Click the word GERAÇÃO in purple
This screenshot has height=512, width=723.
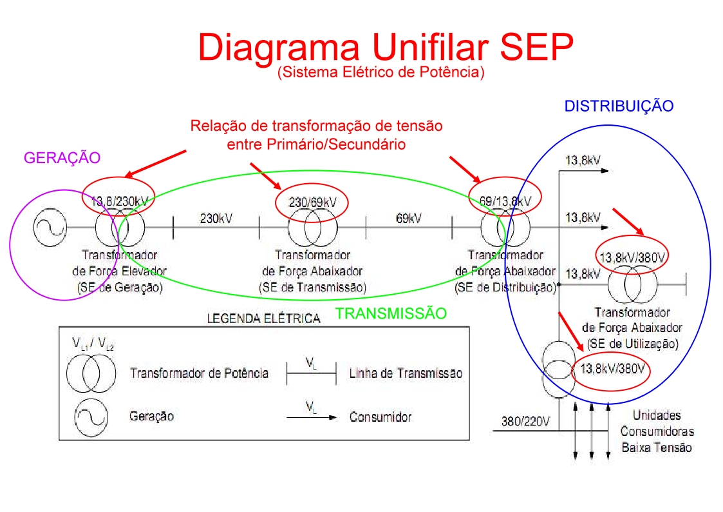click(x=62, y=157)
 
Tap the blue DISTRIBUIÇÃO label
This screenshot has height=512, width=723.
click(x=619, y=106)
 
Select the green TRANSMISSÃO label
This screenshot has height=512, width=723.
click(x=391, y=313)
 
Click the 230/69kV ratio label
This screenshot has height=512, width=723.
click(x=312, y=202)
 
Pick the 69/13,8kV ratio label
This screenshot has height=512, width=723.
click(x=505, y=201)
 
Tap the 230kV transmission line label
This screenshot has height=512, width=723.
click(x=216, y=218)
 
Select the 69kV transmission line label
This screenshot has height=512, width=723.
click(x=409, y=218)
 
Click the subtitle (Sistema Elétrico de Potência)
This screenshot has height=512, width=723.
click(x=380, y=72)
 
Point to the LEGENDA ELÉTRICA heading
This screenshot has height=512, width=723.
click(x=263, y=319)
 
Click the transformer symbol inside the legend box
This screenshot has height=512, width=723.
click(x=91, y=373)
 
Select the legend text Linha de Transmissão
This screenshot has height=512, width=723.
click(x=406, y=373)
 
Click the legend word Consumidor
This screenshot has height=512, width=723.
click(x=380, y=417)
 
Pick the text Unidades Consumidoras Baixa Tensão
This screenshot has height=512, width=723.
click(x=657, y=431)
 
